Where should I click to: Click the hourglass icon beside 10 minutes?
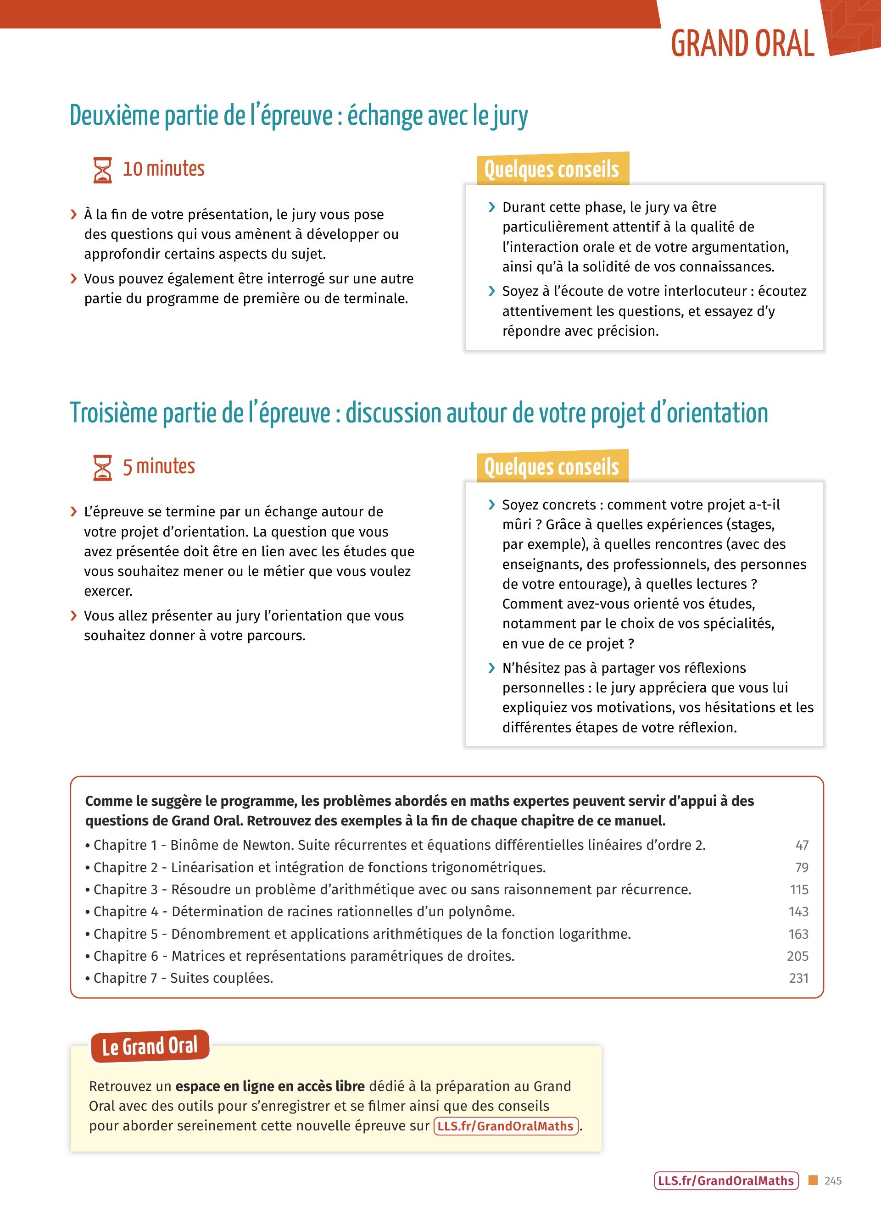click(103, 170)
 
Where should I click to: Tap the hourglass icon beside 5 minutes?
click(103, 467)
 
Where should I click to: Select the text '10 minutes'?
click(164, 169)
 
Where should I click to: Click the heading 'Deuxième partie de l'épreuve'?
click(299, 116)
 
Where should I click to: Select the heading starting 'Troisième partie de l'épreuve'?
click(418, 414)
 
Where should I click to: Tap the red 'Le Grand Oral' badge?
click(150, 1046)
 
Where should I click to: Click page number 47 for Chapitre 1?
click(802, 845)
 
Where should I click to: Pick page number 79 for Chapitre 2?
click(802, 867)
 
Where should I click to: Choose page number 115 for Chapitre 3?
click(799, 890)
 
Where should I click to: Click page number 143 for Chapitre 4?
click(798, 912)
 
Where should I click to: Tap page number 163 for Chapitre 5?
click(798, 935)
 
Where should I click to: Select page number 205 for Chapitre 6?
click(798, 957)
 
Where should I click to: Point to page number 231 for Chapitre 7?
click(798, 979)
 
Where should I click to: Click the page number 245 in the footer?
click(833, 1180)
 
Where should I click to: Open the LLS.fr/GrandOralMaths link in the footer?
click(726, 1180)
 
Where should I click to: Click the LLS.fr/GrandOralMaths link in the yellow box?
click(506, 1126)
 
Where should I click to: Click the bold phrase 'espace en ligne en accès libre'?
click(270, 1086)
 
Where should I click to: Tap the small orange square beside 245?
click(813, 1180)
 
